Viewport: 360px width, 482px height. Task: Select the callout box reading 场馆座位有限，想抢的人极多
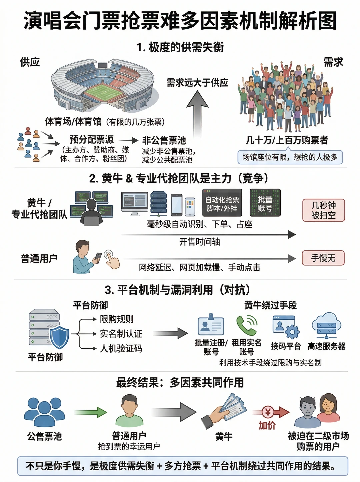coord(290,157)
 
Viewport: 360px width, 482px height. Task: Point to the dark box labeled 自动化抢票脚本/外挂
coord(222,202)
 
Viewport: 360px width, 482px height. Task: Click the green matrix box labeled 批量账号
coord(265,202)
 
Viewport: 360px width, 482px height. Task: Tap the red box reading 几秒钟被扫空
coord(324,210)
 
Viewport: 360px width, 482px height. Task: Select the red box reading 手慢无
coord(323,258)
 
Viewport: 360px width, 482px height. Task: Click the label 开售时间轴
coord(200,242)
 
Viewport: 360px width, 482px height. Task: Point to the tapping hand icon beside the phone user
coord(112,259)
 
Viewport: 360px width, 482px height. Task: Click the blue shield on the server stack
coord(59,337)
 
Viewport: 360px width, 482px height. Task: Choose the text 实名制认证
coord(121,334)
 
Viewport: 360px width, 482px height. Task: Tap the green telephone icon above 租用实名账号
coord(247,325)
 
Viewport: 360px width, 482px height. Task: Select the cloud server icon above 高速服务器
coord(326,325)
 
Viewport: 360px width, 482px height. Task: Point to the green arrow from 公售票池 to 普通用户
coord(90,412)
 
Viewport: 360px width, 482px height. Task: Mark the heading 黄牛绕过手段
coord(270,305)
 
